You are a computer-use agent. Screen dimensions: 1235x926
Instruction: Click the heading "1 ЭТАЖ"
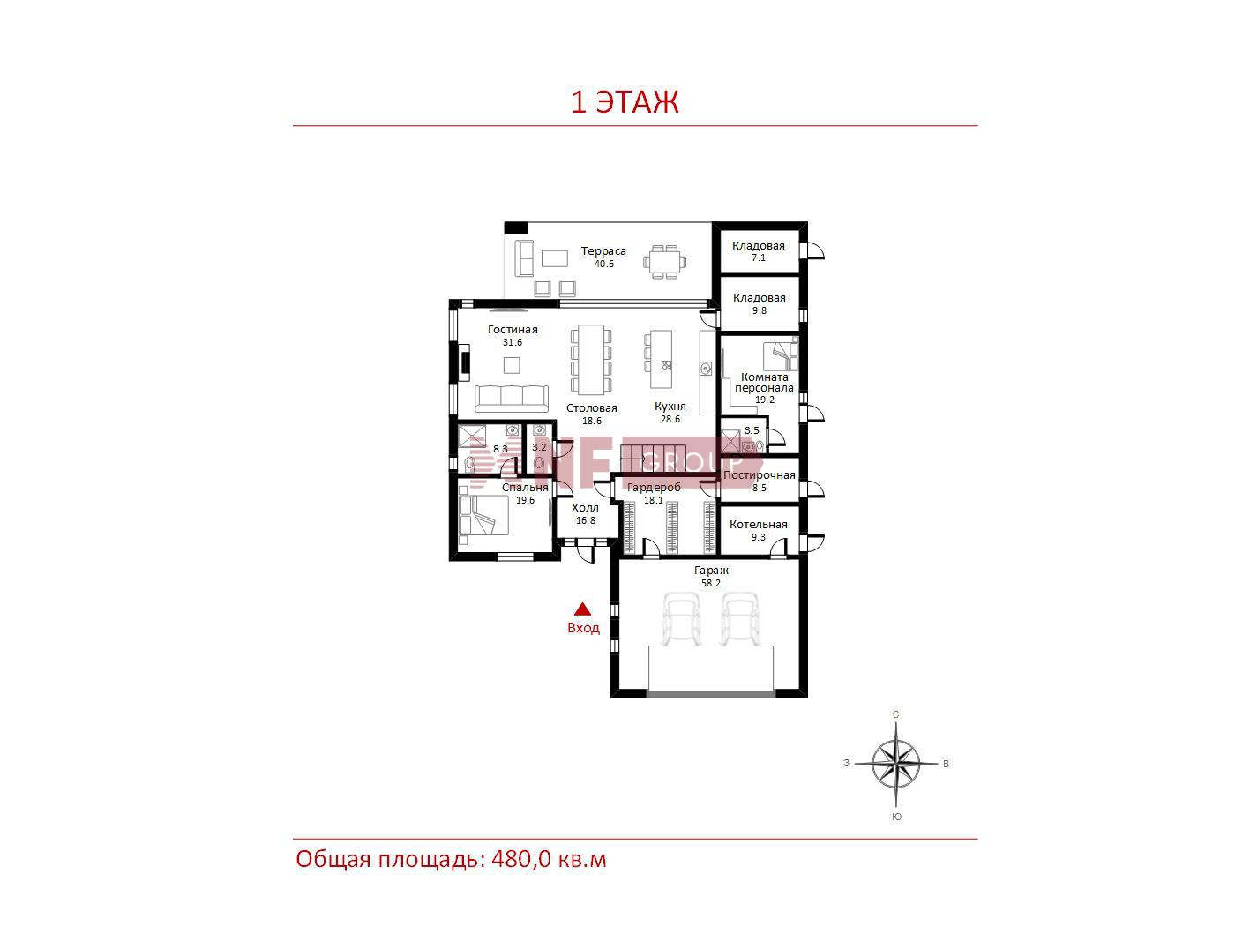click(625, 101)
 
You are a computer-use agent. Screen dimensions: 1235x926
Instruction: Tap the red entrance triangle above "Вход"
click(582, 609)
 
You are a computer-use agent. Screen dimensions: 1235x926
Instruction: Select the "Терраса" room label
click(603, 250)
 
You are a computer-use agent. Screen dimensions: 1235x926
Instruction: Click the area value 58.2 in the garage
click(711, 583)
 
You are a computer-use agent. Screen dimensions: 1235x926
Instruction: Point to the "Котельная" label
click(758, 524)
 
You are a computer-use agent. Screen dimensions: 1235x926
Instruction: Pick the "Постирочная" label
click(759, 474)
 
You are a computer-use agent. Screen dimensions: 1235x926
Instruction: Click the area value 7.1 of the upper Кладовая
click(759, 258)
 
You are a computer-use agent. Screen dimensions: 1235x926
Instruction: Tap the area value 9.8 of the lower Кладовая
click(759, 310)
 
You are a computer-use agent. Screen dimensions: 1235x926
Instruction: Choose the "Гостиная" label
click(512, 330)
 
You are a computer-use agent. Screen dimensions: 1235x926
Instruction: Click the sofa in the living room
click(511, 399)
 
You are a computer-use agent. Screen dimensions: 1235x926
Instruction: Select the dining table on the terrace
click(664, 261)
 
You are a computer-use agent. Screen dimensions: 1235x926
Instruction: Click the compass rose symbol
click(895, 764)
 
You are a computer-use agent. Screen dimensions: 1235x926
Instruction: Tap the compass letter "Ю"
click(896, 817)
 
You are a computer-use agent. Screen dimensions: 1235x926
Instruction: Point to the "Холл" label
click(585, 507)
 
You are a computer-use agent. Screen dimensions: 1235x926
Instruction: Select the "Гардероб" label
click(654, 487)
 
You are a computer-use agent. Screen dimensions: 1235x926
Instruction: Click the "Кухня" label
click(670, 406)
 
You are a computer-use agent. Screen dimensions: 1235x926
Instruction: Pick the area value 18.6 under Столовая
click(591, 421)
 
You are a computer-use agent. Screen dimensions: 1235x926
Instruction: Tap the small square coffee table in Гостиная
click(511, 365)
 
